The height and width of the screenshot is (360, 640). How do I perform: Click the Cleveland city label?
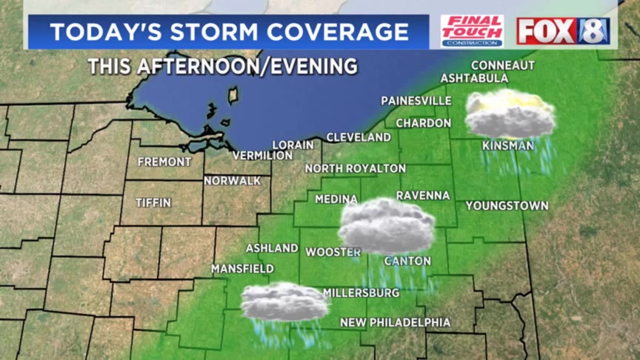(x=359, y=137)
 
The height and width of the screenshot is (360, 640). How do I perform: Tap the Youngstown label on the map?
(x=507, y=205)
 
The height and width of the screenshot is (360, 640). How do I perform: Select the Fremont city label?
(x=164, y=161)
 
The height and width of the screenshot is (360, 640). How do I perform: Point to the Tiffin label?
(x=153, y=202)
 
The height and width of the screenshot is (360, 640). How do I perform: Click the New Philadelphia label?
(x=395, y=322)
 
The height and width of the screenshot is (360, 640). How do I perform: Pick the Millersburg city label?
(x=361, y=293)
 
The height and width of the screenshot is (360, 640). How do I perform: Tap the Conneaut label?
(x=502, y=65)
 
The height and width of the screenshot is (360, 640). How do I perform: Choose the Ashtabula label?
(x=474, y=78)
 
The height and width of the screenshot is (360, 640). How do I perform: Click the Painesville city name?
(x=416, y=100)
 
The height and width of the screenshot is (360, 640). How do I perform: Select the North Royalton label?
(x=356, y=168)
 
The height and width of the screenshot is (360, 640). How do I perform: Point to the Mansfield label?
(x=242, y=268)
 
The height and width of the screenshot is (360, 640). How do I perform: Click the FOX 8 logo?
(x=563, y=31)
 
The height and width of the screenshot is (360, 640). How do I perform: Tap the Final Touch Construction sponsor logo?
(x=472, y=31)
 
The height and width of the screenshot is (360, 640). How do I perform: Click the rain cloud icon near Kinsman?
(x=510, y=115)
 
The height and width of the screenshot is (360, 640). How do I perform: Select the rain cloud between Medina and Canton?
(x=386, y=226)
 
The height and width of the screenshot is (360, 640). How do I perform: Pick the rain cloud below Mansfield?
(x=284, y=302)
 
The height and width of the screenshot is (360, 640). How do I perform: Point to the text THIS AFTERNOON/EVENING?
(x=222, y=66)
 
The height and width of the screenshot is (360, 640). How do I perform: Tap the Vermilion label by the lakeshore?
(x=262, y=156)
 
